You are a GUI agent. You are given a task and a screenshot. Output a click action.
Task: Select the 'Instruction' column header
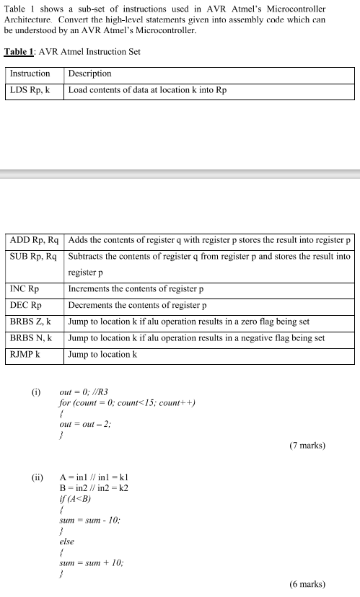pyautogui.click(x=30, y=74)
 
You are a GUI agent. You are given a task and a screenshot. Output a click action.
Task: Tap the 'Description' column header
pyautogui.click(x=90, y=74)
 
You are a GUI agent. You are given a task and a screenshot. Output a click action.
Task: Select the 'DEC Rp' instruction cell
pyautogui.click(x=26, y=306)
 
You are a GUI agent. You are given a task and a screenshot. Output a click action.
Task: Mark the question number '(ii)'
pyautogui.click(x=38, y=477)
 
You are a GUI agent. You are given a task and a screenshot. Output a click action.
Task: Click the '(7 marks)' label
pyautogui.click(x=307, y=446)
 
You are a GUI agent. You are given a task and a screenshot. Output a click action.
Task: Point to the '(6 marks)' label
pyautogui.click(x=307, y=584)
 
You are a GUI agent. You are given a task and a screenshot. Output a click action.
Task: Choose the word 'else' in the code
pyautogui.click(x=67, y=540)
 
